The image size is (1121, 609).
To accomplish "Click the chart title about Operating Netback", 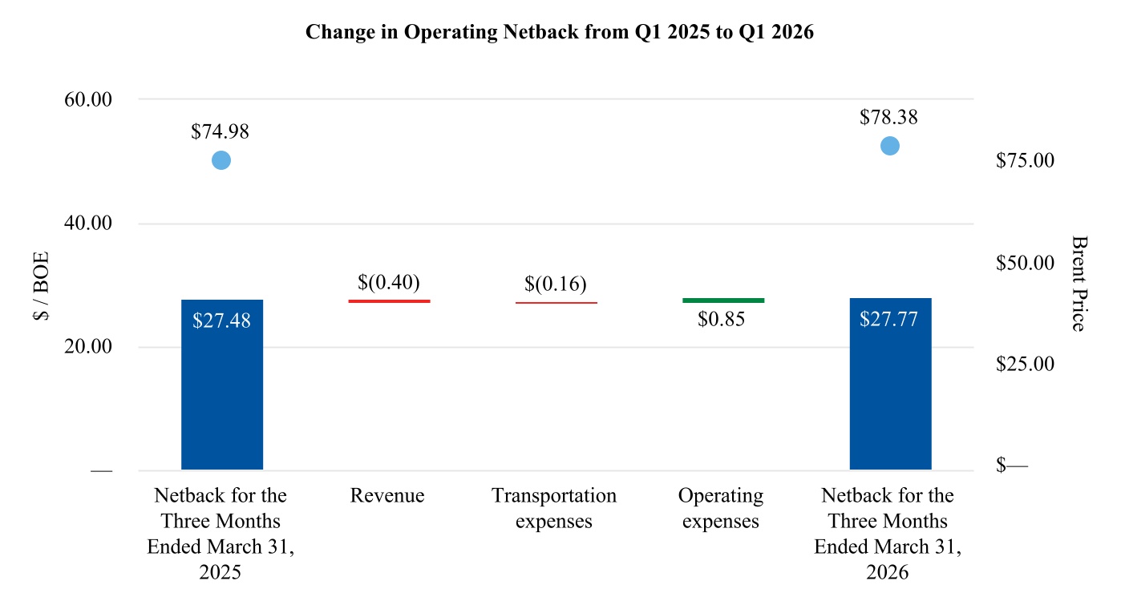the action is click(560, 32).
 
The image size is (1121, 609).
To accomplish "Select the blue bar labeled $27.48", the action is click(221, 385).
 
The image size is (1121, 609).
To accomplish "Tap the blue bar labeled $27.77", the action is click(890, 384).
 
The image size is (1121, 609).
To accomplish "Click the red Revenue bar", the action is click(390, 301).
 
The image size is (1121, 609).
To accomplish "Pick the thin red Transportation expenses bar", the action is click(556, 303).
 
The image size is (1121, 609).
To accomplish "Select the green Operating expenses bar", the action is click(723, 300).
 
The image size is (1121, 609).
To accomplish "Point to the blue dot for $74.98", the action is click(221, 160).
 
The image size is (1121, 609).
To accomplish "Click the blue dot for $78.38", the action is click(890, 146).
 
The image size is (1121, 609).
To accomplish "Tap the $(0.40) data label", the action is click(389, 282).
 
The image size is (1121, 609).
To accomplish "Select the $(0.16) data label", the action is click(556, 284).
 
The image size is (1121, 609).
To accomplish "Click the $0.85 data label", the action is click(721, 319).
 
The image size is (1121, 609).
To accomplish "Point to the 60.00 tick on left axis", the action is click(88, 99).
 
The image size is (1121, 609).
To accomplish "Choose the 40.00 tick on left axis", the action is click(88, 223).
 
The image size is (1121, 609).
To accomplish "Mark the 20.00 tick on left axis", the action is click(88, 346).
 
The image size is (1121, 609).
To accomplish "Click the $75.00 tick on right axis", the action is click(1025, 160).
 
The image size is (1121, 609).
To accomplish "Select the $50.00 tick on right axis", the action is click(1025, 263).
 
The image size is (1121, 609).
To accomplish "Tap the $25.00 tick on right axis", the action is click(1025, 364).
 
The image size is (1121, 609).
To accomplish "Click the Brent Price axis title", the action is click(1079, 284).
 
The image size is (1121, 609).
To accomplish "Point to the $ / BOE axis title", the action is click(42, 286).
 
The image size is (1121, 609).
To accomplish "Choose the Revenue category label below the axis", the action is click(387, 495).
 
